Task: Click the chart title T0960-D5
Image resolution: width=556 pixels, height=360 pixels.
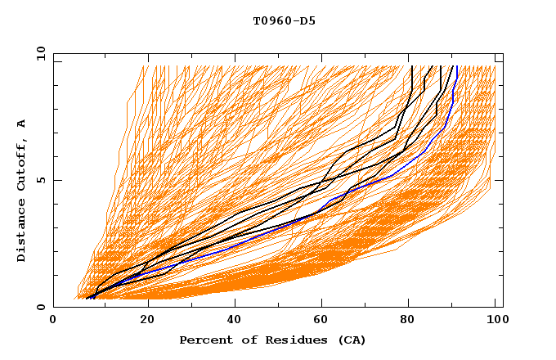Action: click(x=284, y=20)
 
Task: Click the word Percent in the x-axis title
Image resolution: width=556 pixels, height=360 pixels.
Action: click(x=204, y=340)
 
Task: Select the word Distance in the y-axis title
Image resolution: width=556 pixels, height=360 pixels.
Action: click(x=22, y=232)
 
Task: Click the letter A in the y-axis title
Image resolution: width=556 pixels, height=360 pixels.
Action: click(x=22, y=124)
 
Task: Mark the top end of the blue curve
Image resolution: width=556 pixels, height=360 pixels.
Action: click(x=455, y=66)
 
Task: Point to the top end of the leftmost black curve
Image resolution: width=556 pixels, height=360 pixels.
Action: click(x=411, y=66)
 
